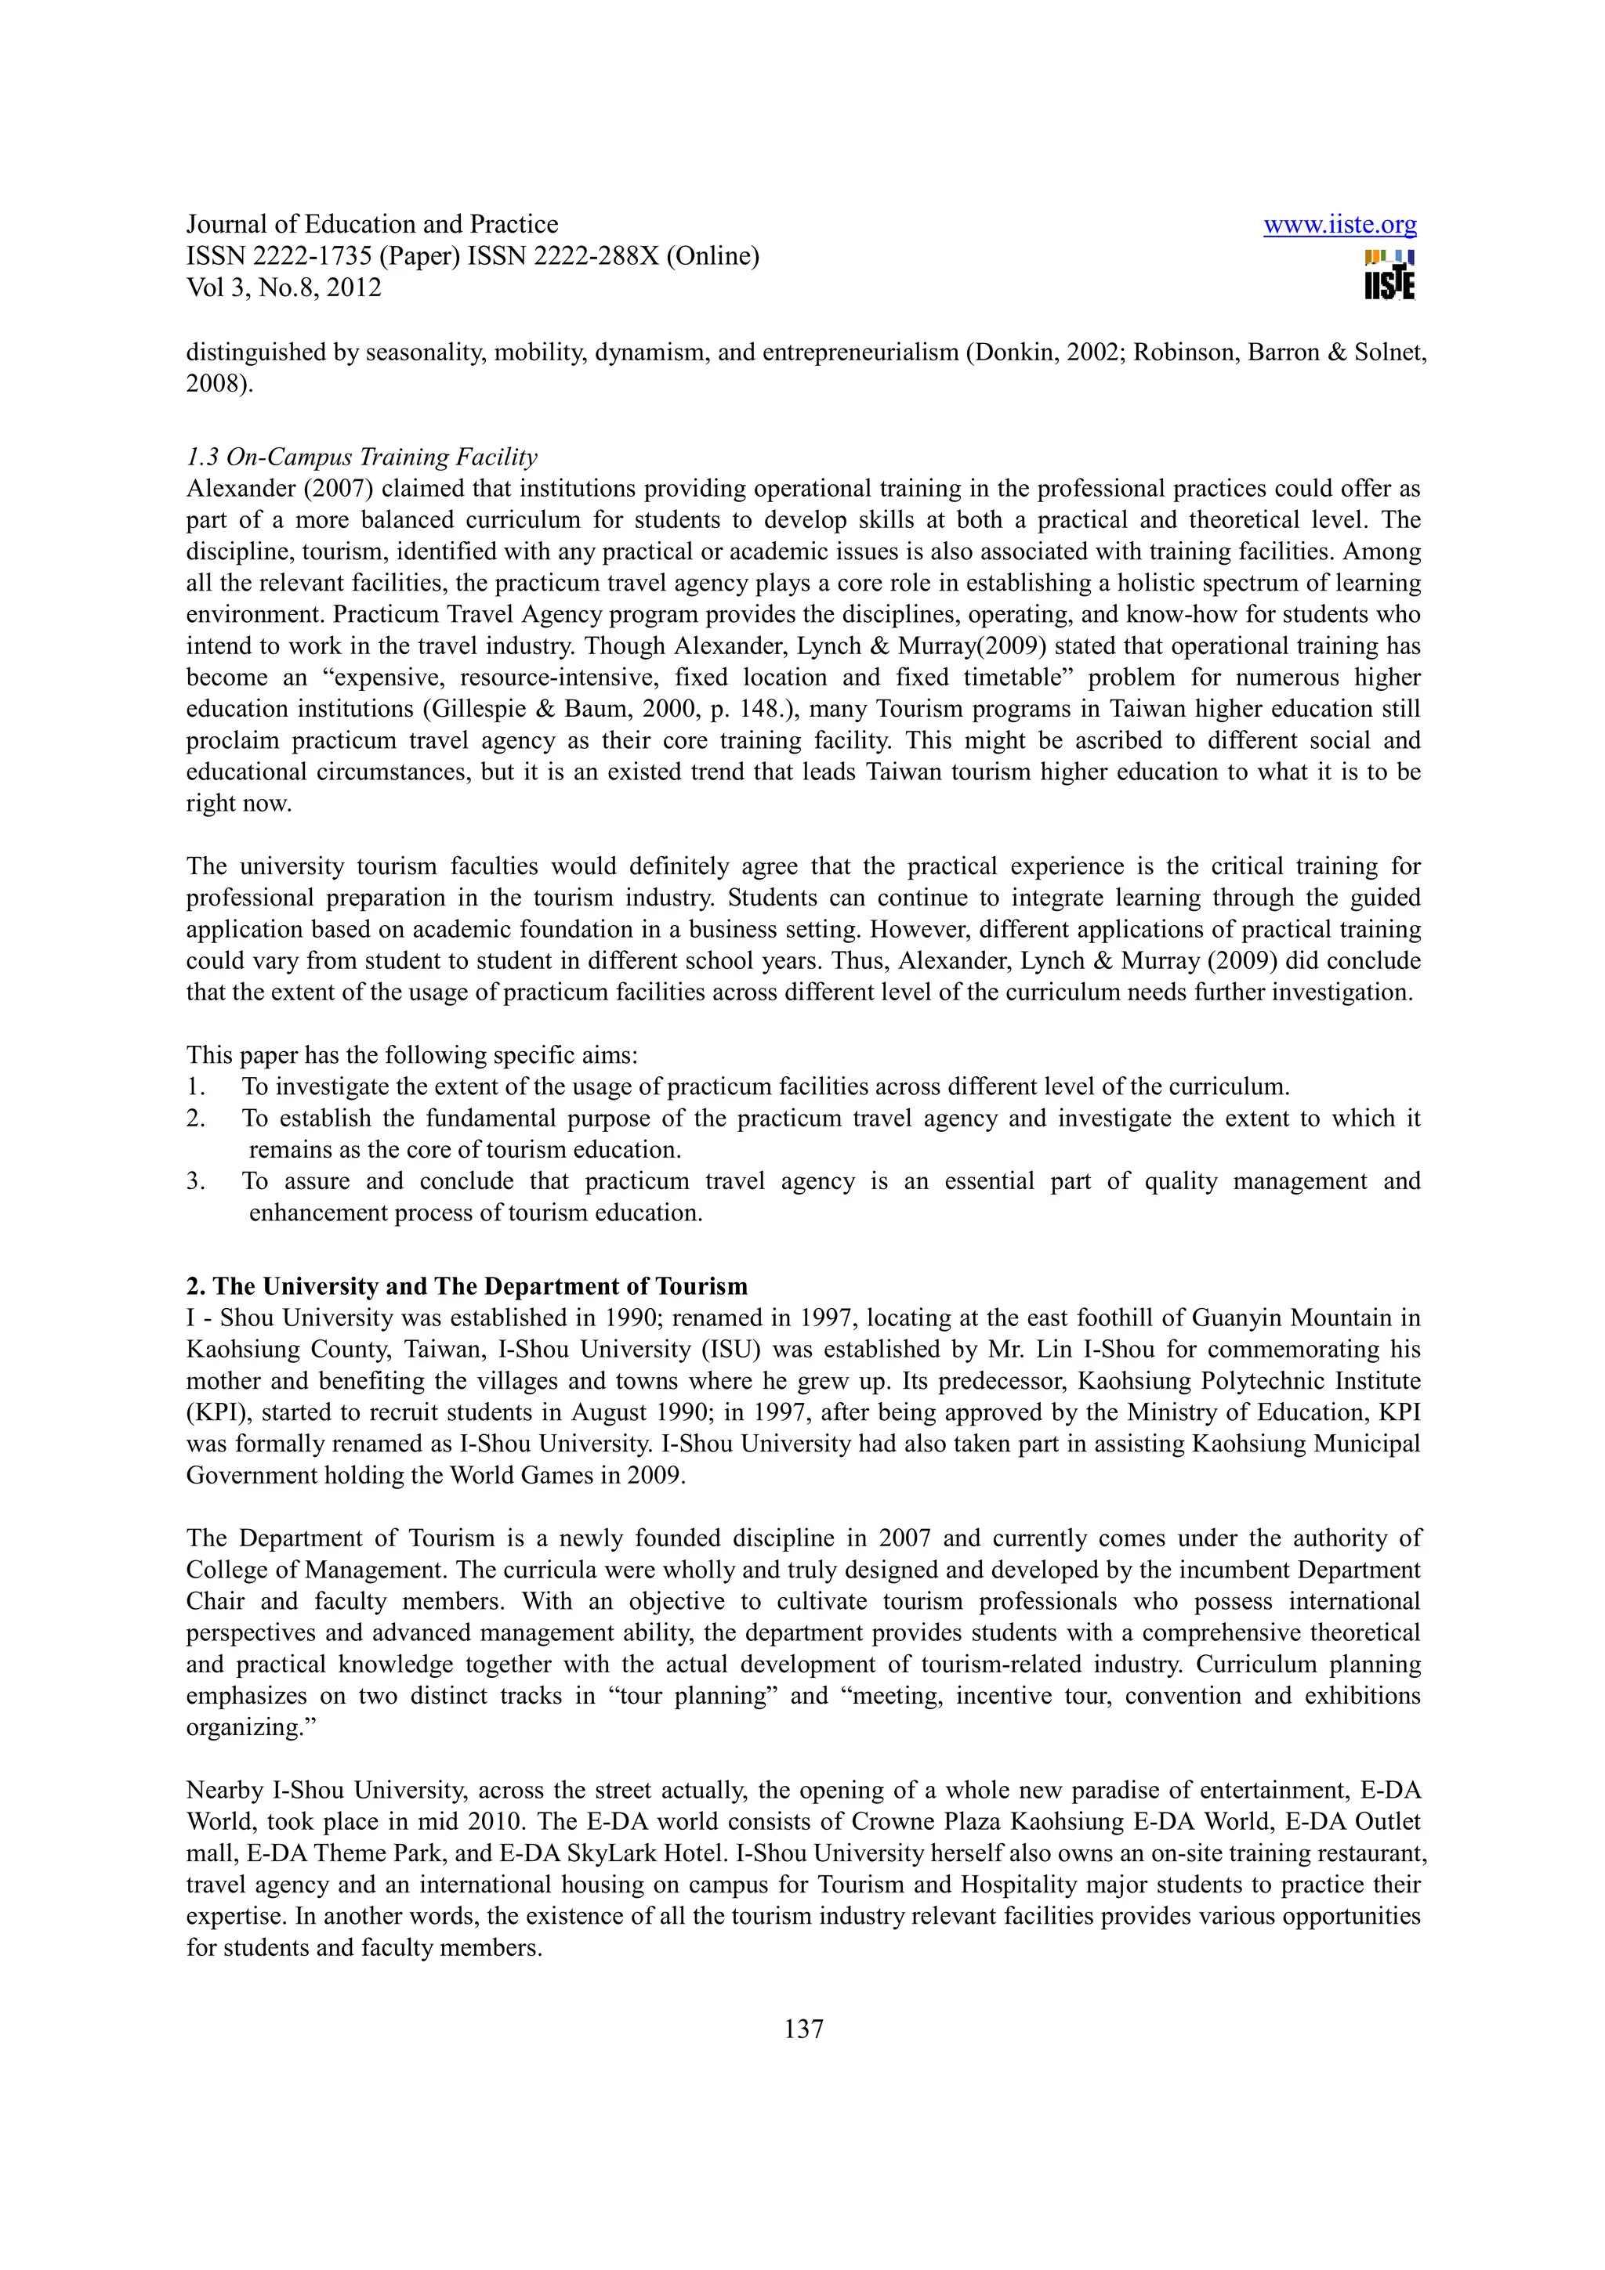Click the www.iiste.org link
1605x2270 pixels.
click(x=1339, y=226)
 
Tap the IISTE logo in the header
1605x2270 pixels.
click(x=1389, y=275)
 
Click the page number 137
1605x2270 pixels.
click(x=803, y=2029)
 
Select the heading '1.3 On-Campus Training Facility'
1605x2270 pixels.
click(x=362, y=457)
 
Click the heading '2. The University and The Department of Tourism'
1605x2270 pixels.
click(x=467, y=1286)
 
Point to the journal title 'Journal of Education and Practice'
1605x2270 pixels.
click(x=371, y=225)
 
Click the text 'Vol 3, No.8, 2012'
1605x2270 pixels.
click(x=284, y=287)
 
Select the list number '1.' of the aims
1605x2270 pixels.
click(x=196, y=1086)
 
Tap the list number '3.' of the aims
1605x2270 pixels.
click(x=196, y=1181)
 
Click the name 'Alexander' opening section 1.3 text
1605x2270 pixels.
click(x=241, y=489)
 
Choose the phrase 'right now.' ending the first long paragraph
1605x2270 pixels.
click(x=239, y=803)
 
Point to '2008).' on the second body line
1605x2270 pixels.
click(x=219, y=384)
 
